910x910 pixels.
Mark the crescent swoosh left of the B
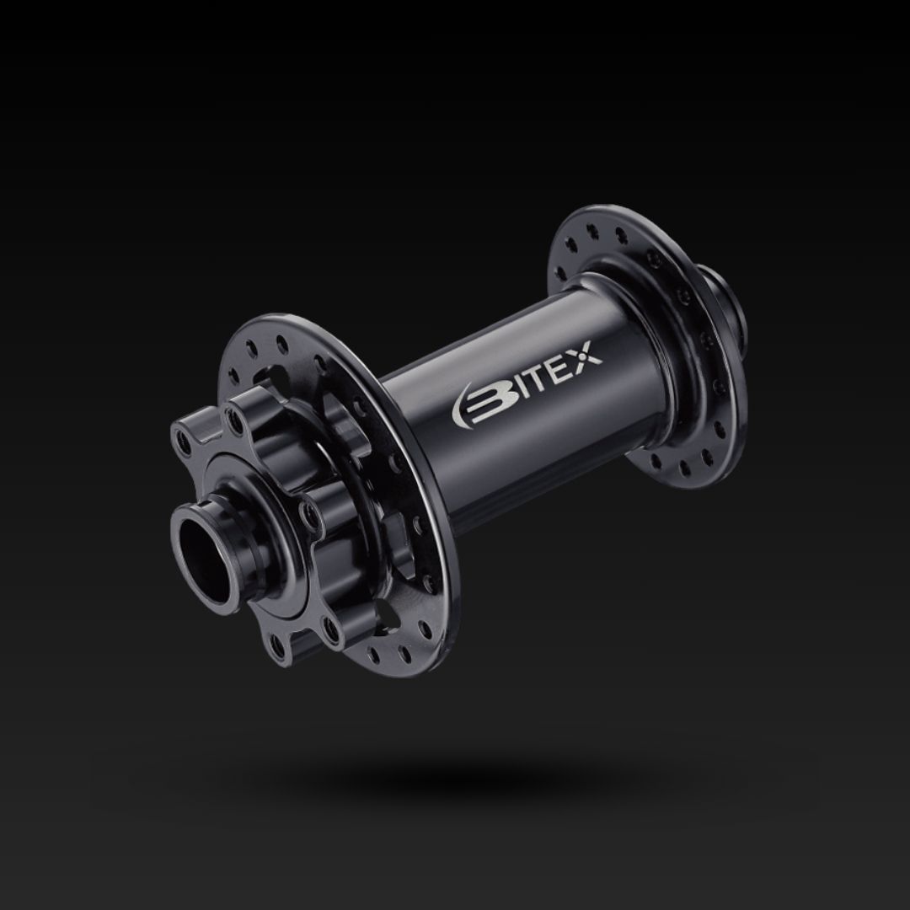point(464,409)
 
